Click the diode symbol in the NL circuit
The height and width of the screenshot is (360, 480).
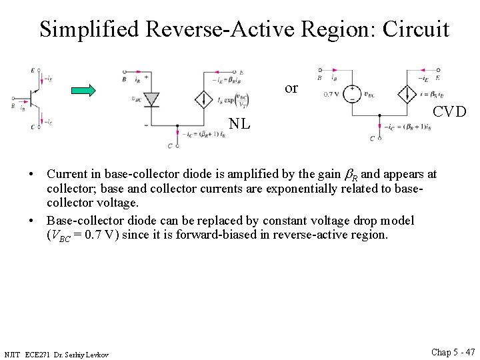(x=152, y=99)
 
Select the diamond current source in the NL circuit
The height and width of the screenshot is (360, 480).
(x=203, y=99)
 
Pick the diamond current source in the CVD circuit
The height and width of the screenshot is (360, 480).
(x=406, y=94)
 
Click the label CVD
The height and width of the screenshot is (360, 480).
(x=450, y=111)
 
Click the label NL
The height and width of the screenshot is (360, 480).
(x=239, y=123)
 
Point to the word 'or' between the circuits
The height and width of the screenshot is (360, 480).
(x=291, y=88)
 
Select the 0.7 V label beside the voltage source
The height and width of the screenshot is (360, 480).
(x=331, y=94)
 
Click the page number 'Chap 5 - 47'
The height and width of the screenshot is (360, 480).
(x=453, y=351)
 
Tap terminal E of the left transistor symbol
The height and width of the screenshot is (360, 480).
(x=33, y=70)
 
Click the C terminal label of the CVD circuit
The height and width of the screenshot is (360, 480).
(x=371, y=138)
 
